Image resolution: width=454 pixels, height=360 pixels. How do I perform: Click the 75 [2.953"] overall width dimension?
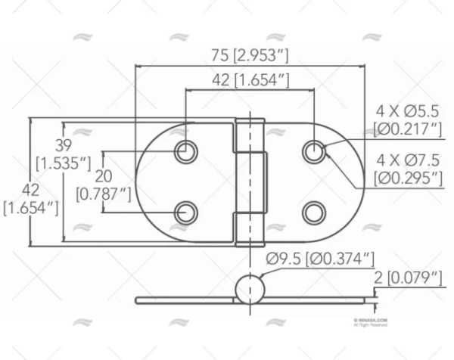(x=250, y=55)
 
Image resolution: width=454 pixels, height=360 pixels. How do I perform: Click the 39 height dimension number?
(x=64, y=146)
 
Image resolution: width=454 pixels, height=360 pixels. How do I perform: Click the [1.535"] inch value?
(x=64, y=163)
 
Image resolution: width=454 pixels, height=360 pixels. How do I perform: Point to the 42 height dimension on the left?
(x=31, y=190)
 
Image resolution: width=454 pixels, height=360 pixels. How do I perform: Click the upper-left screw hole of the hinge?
(x=185, y=151)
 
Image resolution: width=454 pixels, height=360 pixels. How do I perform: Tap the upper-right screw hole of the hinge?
(x=314, y=151)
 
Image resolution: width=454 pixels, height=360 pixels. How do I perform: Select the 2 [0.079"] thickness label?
(x=409, y=279)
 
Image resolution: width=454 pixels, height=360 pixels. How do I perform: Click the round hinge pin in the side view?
(x=250, y=290)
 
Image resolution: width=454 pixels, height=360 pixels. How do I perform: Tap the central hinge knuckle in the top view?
(x=250, y=182)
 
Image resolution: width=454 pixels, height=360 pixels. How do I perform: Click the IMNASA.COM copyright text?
(x=372, y=321)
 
